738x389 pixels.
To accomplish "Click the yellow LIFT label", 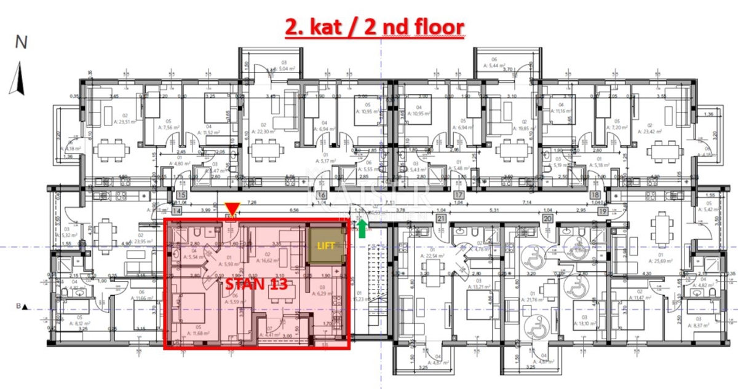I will pos(326,245).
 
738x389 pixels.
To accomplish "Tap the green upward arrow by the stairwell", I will pos(362,228).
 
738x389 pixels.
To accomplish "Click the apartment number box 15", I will pos(181,196).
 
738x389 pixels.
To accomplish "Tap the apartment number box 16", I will pos(321,196).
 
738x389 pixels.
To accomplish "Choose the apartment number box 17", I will pos(459,196).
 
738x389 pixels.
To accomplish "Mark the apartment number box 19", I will pos(603,210).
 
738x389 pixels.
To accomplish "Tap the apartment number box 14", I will pos(177,210).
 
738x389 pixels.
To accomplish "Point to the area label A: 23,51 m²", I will pos(109,121).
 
